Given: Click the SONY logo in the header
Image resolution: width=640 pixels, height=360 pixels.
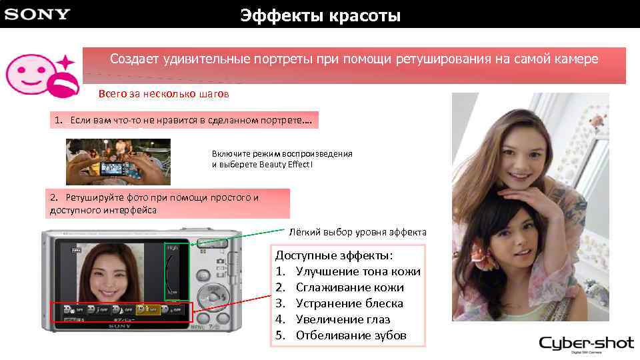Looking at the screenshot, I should click(37, 14).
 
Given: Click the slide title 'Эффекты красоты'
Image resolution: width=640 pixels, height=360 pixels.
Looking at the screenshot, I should click(321, 15).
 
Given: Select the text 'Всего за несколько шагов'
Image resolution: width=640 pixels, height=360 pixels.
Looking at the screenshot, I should click(163, 94).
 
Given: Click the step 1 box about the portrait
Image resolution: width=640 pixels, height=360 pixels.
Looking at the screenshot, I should click(183, 121).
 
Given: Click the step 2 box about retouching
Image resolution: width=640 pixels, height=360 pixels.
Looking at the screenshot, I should click(169, 203).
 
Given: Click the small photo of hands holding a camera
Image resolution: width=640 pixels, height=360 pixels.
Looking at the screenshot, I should click(118, 161).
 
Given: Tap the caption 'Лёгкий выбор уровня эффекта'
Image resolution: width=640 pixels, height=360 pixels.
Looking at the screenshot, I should click(357, 232).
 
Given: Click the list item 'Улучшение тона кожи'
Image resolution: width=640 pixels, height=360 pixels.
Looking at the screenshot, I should click(357, 271).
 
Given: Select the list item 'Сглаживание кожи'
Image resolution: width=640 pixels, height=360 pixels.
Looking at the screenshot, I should click(349, 287).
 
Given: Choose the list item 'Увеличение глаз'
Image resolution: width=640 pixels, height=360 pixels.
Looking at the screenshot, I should click(343, 319).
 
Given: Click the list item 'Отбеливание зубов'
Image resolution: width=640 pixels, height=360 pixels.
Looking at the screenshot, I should click(351, 335).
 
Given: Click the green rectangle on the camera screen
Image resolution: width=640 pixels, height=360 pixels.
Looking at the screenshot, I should click(177, 271).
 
